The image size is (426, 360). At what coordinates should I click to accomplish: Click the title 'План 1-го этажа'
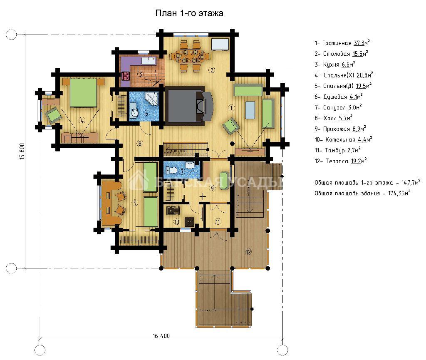tap(189, 13)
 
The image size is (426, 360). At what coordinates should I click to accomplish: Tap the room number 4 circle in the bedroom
tap(82, 120)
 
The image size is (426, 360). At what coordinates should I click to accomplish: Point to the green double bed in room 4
tap(83, 92)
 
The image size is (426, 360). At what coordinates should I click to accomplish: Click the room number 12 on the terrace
tap(248, 252)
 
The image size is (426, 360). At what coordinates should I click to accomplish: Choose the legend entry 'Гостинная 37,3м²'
tap(342, 43)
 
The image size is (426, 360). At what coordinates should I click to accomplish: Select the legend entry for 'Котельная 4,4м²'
tap(343, 139)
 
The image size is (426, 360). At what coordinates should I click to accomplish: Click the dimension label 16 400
tap(161, 336)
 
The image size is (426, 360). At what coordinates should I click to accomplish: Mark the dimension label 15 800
tap(22, 151)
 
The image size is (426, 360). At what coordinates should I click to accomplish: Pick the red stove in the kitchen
tap(126, 75)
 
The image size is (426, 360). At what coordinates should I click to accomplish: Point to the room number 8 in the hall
tap(140, 143)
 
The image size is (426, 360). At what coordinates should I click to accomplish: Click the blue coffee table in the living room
tap(250, 110)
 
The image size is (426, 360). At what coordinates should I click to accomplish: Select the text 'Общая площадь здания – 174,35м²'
tap(362, 193)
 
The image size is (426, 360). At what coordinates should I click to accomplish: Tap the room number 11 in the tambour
tap(218, 222)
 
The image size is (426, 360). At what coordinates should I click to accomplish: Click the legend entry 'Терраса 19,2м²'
tap(341, 161)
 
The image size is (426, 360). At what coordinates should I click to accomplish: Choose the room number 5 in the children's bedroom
tap(135, 202)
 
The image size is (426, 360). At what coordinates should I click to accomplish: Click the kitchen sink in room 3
tap(149, 60)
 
